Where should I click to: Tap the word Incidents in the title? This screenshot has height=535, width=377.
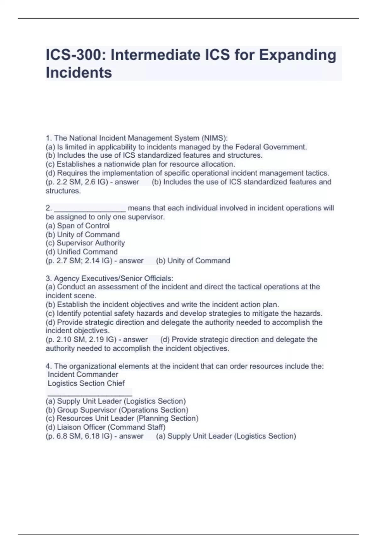(x=79, y=73)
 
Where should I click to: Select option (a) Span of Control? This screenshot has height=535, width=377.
(x=78, y=226)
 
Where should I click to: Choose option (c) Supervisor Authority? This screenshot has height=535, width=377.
(x=85, y=243)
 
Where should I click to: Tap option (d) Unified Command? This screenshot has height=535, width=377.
(x=82, y=252)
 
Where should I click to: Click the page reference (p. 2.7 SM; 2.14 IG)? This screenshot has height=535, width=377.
(x=79, y=261)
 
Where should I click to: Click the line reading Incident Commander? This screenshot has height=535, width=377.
(x=83, y=374)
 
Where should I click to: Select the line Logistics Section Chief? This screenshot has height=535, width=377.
(x=86, y=383)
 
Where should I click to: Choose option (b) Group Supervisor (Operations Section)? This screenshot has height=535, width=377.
(x=117, y=410)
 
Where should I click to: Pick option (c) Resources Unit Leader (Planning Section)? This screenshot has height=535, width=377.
(x=122, y=419)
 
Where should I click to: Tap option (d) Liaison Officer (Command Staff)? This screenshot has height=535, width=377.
(x=105, y=427)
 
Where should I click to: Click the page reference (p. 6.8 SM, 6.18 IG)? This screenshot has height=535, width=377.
(x=79, y=436)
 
